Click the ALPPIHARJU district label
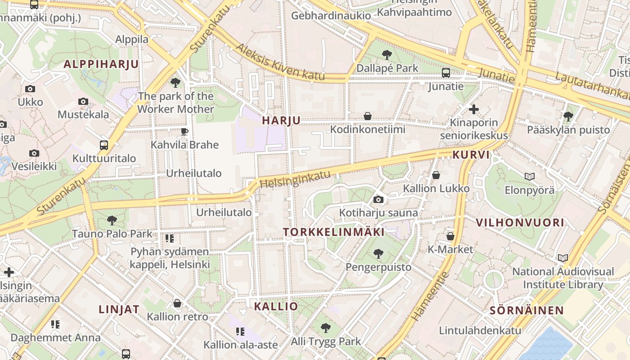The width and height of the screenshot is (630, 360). pyautogui.click(x=101, y=64)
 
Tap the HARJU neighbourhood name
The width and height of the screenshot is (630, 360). pyautogui.click(x=281, y=120)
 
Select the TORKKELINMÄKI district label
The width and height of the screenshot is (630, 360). pyautogui.click(x=334, y=232)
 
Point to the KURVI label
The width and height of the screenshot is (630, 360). pyautogui.click(x=471, y=155)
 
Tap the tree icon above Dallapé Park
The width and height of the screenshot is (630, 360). pyautogui.click(x=387, y=55)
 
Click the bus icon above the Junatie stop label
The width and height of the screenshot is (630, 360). pyautogui.click(x=446, y=73)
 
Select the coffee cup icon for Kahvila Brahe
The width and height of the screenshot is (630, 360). pyautogui.click(x=184, y=131)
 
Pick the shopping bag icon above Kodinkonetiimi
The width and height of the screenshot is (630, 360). pyautogui.click(x=368, y=116)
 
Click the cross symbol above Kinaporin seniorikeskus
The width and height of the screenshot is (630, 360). pyautogui.click(x=473, y=109)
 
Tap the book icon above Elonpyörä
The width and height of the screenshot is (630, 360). pyautogui.click(x=530, y=176)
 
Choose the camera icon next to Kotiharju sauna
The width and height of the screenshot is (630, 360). pyautogui.click(x=378, y=199)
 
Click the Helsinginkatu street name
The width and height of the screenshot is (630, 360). pyautogui.click(x=295, y=179)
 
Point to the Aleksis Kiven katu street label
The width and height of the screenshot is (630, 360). pyautogui.click(x=280, y=62)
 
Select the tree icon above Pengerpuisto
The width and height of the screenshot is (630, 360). pyautogui.click(x=378, y=254)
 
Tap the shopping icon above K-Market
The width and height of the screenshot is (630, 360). pyautogui.click(x=450, y=236)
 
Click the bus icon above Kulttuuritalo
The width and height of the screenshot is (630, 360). pyautogui.click(x=104, y=145)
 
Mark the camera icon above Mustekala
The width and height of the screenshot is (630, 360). pyautogui.click(x=83, y=101)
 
